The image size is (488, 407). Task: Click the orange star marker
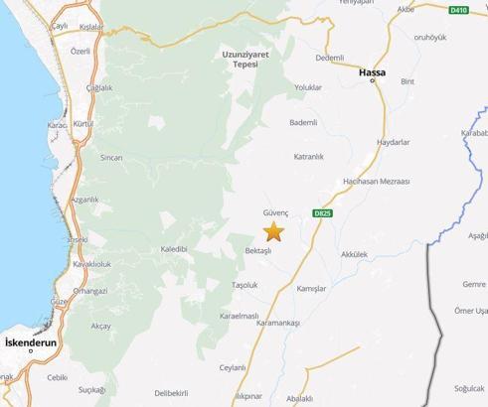pos(273,231)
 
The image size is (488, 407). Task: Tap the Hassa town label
pos(373,72)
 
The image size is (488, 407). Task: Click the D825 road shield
pos(321,212)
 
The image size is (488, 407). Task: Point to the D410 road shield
pos(457,10)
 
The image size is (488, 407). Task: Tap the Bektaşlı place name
pos(258,250)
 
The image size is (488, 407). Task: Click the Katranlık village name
pos(310,157)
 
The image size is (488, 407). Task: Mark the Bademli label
pos(302,122)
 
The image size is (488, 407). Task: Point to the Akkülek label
pos(354,255)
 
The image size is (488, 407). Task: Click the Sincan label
pos(112,158)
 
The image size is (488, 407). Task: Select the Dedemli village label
pos(329,59)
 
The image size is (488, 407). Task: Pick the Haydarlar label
pos(394,142)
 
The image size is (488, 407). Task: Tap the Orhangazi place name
pos(90,291)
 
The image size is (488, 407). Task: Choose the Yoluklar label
pos(308,87)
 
